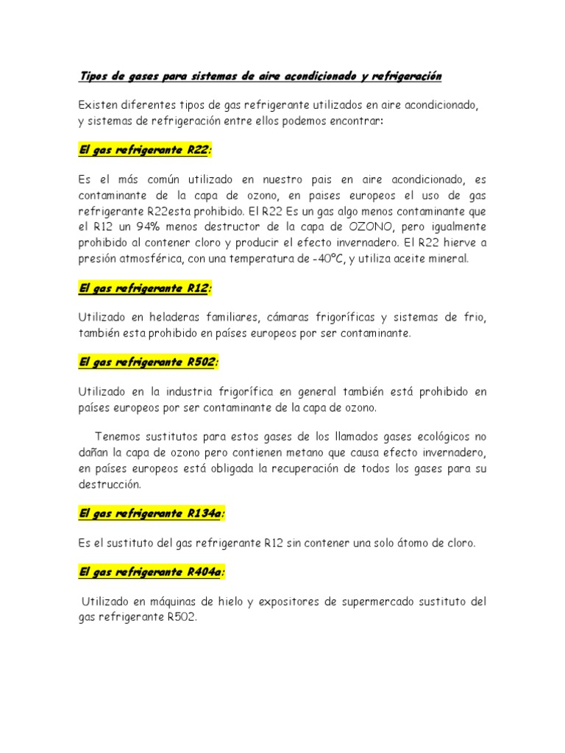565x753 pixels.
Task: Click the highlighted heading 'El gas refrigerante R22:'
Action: point(145,150)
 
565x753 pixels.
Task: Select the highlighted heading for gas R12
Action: point(145,288)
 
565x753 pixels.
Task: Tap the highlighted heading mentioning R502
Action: point(149,363)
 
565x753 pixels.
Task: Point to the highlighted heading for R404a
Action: point(152,571)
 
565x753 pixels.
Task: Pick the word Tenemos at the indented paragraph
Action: point(119,435)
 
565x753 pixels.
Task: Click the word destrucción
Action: point(109,485)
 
